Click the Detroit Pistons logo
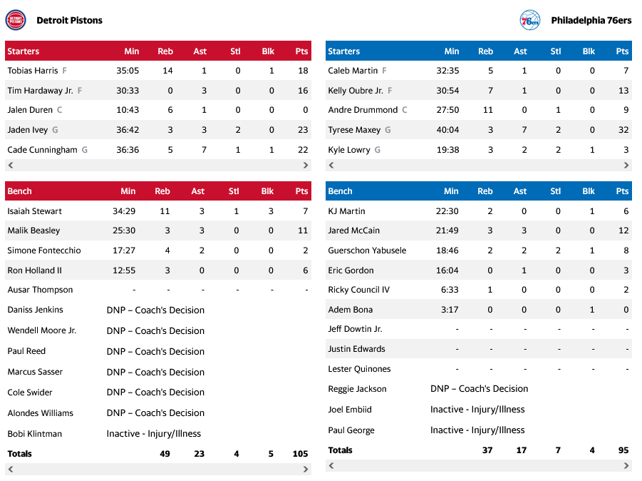point(15,20)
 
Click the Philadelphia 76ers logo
point(530,20)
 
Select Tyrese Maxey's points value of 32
point(621,130)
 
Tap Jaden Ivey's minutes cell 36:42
point(128,130)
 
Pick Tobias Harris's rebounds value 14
point(167,71)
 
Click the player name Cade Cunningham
point(42,150)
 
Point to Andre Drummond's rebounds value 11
point(487,110)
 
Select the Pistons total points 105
point(299,454)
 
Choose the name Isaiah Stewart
point(34,211)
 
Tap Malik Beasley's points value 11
point(303,231)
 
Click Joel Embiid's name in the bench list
point(350,410)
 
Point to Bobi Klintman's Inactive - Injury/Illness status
point(154,433)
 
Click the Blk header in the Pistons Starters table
point(267,51)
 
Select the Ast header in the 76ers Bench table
point(520,191)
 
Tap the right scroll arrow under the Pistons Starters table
point(306,166)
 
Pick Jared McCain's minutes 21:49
point(447,231)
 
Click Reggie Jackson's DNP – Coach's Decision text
point(479,389)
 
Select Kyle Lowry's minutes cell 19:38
point(447,150)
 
